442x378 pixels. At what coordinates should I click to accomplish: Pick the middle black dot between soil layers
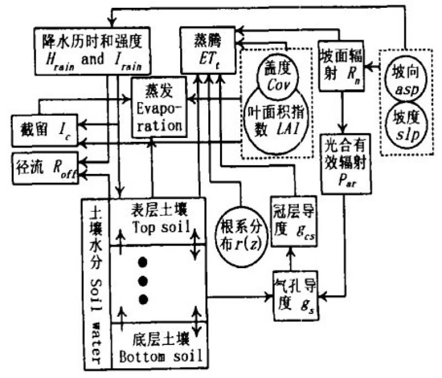(x=144, y=281)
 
